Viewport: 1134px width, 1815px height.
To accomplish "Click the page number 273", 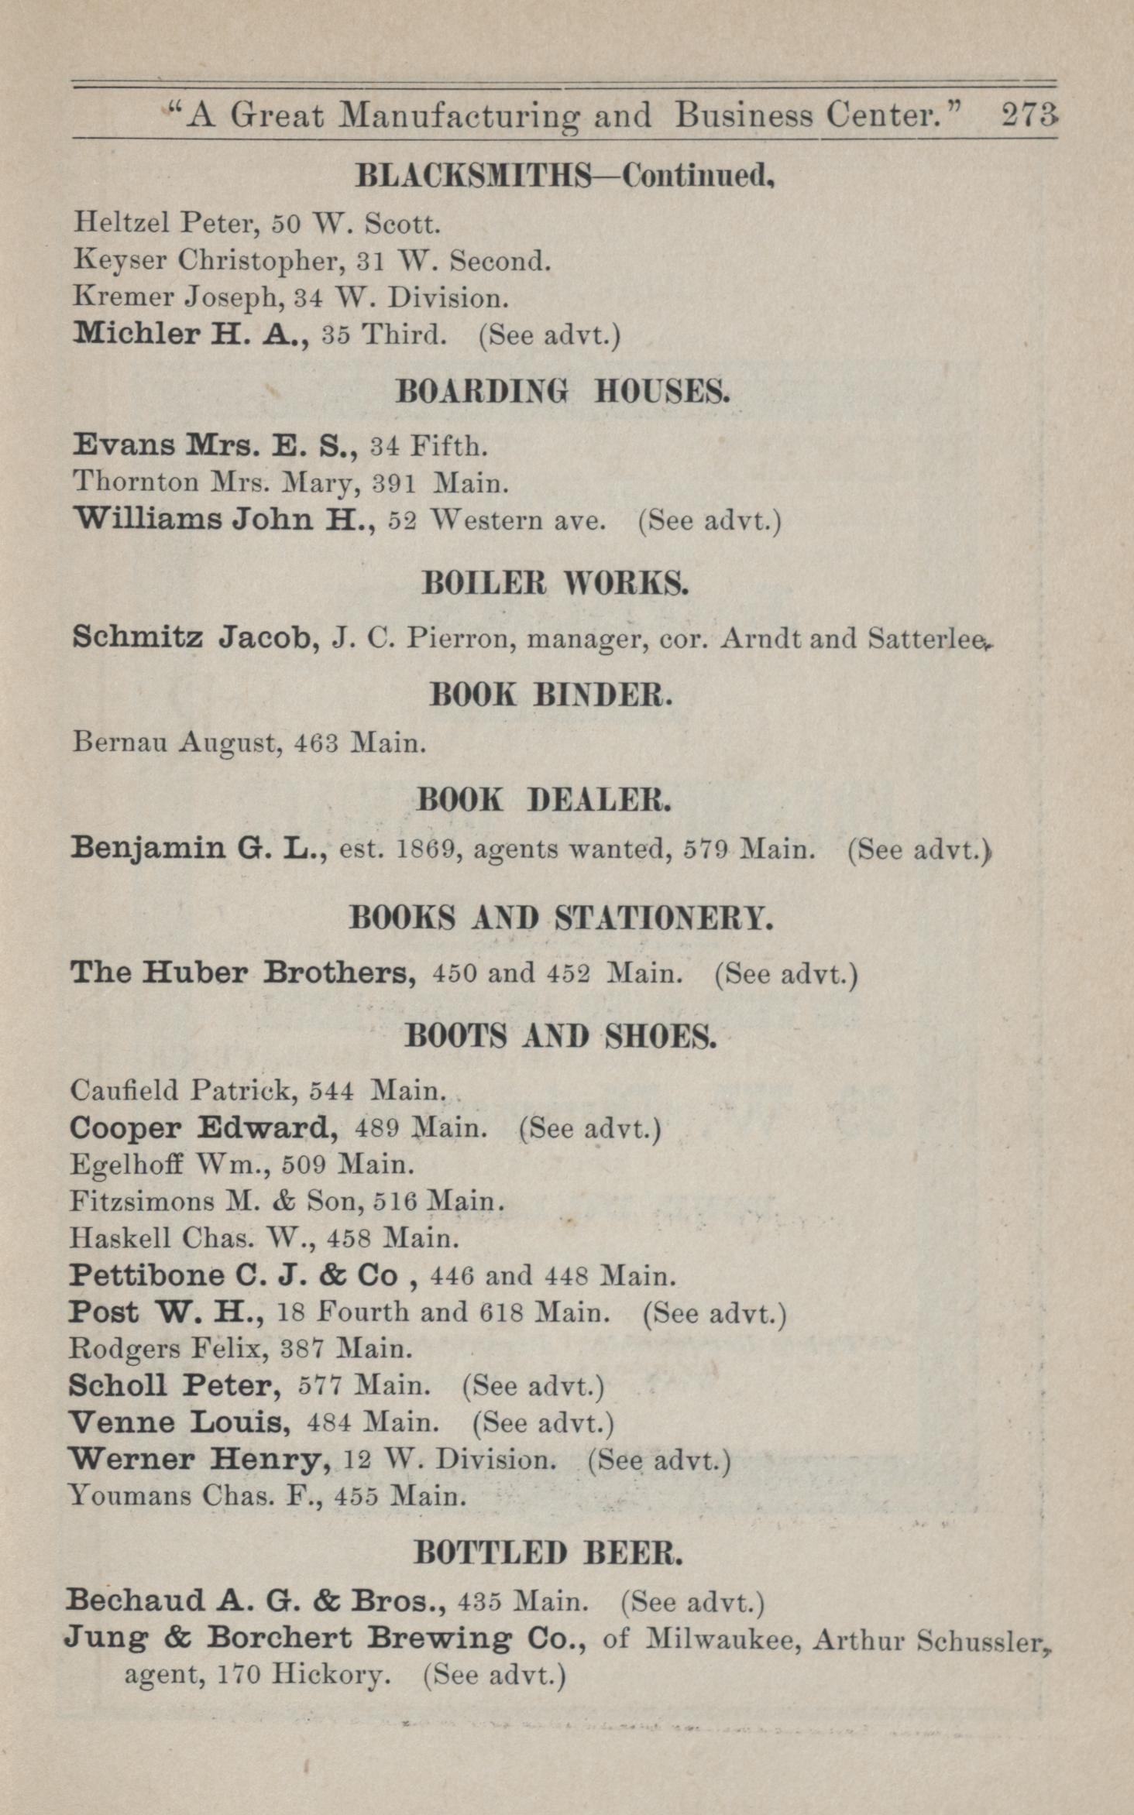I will pyautogui.click(x=1029, y=115).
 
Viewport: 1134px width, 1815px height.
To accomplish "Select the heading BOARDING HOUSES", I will pyautogui.click(x=562, y=393).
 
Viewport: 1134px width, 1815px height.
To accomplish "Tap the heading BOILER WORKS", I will pyautogui.click(x=555, y=584).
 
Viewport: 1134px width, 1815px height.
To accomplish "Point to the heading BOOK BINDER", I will pyautogui.click(x=552, y=695).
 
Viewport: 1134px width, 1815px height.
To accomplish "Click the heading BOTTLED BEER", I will pyautogui.click(x=548, y=1552).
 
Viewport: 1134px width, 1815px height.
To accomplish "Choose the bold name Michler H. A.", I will pyautogui.click(x=191, y=334).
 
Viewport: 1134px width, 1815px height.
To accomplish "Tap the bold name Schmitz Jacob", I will pyautogui.click(x=194, y=638).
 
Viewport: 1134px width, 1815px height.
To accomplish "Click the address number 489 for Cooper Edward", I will pyautogui.click(x=376, y=1128).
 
